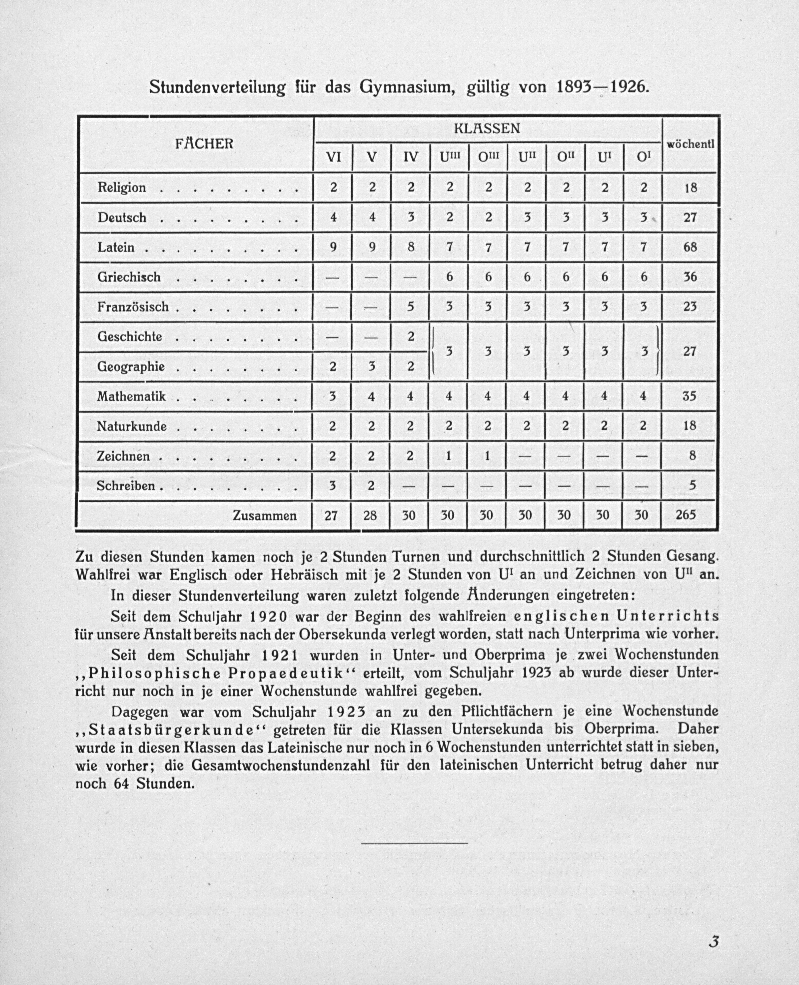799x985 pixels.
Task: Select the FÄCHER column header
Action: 204,143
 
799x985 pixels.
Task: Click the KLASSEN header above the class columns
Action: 487,128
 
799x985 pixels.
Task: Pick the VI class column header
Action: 333,157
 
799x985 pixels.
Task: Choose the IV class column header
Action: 410,157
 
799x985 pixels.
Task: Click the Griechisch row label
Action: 129,277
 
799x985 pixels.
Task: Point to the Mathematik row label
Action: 131,396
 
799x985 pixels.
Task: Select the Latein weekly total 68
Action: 690,247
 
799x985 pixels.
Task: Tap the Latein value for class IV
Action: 410,247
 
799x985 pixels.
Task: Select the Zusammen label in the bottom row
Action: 265,516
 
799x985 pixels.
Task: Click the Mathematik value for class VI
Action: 332,396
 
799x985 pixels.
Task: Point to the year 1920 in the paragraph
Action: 270,616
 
